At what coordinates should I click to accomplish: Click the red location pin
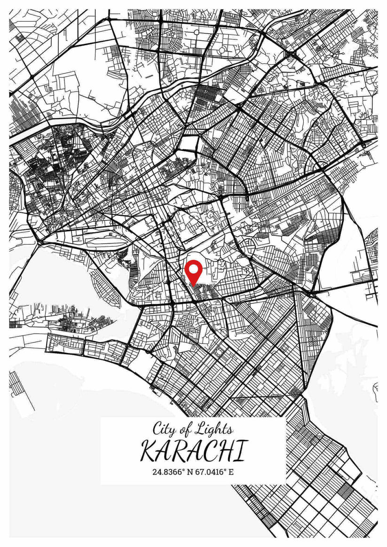pyautogui.click(x=193, y=273)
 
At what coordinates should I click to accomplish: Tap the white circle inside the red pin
pyautogui.click(x=193, y=270)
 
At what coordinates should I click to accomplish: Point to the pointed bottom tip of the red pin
pyautogui.click(x=193, y=285)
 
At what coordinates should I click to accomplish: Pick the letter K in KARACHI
pyautogui.click(x=149, y=452)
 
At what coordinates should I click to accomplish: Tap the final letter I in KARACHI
pyautogui.click(x=241, y=452)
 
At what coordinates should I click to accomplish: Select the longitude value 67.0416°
pyautogui.click(x=211, y=471)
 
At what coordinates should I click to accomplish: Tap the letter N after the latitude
pyautogui.click(x=190, y=471)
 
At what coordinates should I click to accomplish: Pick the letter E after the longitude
pyautogui.click(x=231, y=471)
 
